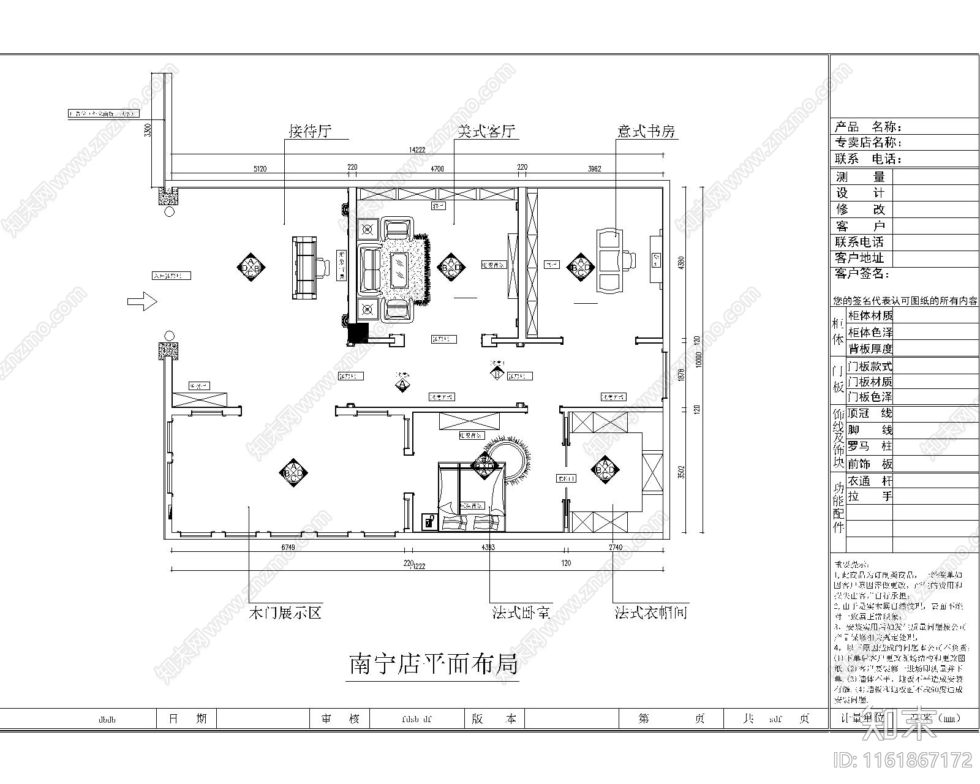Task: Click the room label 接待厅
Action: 310,132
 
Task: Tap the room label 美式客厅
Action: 487,132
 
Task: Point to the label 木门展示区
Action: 285,612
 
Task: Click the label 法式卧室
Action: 521,612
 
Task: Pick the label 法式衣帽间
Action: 651,612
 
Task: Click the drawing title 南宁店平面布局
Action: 434,665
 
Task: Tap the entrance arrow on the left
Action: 142,301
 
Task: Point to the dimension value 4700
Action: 437,167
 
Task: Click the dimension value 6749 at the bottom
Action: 288,547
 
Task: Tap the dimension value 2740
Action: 616,547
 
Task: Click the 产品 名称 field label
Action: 869,127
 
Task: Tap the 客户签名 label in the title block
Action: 862,274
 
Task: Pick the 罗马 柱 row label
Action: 870,447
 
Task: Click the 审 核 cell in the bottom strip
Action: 341,718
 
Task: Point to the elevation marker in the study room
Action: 580,267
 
